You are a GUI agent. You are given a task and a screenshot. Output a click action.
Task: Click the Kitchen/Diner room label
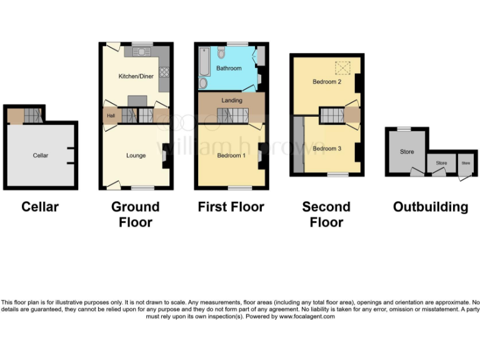point(136,77)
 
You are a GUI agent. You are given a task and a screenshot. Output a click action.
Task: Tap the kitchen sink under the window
point(142,49)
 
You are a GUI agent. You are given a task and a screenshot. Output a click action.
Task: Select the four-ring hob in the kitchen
point(164,71)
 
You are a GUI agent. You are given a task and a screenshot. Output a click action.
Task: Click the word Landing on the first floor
point(232,100)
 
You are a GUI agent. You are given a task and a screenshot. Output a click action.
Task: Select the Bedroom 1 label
point(231,155)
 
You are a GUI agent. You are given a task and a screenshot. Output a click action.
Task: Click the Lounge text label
point(136,155)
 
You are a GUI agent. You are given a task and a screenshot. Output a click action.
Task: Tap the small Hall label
point(111,116)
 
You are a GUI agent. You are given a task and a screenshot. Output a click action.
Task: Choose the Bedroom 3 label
point(327,148)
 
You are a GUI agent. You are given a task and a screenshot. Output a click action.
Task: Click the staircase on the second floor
point(332,115)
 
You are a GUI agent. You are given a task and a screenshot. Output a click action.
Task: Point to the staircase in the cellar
point(33,115)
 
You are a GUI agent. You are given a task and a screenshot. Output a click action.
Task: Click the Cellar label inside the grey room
point(41,155)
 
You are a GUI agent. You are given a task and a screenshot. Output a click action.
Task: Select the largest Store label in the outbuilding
point(407,151)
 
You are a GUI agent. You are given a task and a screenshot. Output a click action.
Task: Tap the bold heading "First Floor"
point(231,207)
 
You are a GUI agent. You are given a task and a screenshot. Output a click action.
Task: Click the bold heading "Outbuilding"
point(430,207)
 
